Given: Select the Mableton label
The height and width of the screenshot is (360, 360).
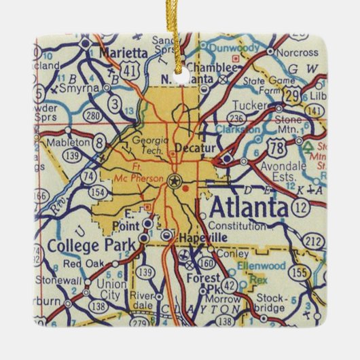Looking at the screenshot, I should [x=67, y=142].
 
